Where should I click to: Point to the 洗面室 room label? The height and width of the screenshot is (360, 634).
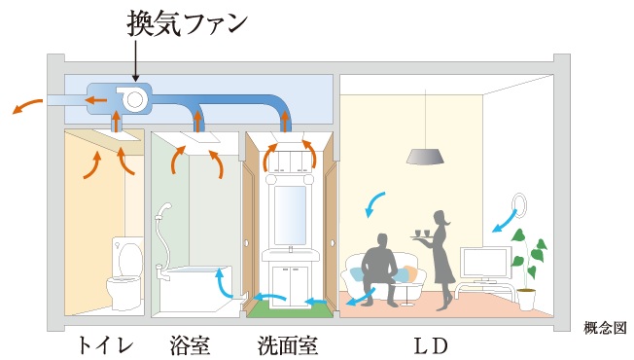pyautogui.click(x=288, y=344)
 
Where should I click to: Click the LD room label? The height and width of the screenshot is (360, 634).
pyautogui.click(x=429, y=344)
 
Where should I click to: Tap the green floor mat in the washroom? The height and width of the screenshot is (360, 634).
pyautogui.click(x=289, y=310)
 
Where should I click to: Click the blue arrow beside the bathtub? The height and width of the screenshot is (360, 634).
pyautogui.click(x=223, y=283)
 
